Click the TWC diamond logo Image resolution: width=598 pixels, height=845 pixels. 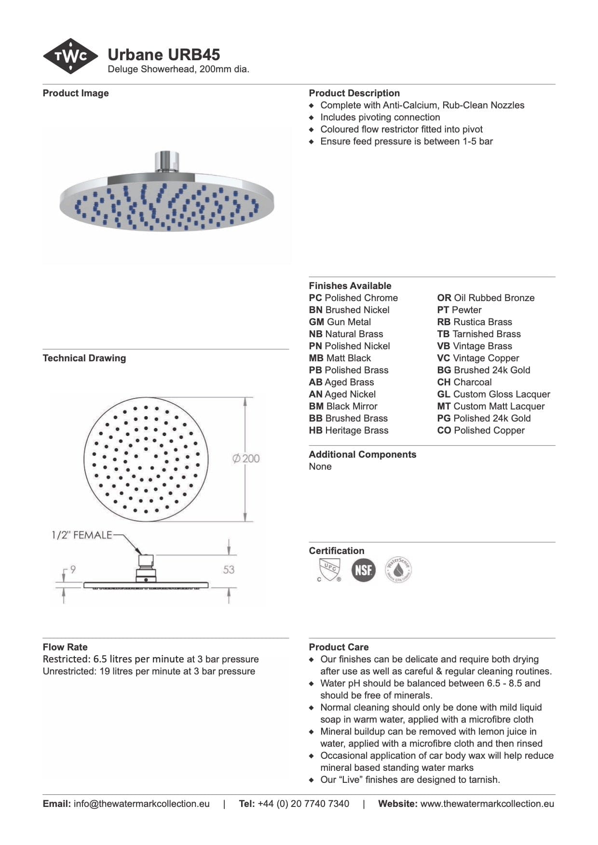(70, 56)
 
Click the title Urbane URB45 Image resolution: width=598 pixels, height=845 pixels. (163, 54)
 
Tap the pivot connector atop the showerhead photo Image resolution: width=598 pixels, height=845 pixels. (167, 161)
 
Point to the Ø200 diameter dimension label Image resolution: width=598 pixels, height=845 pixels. (246, 458)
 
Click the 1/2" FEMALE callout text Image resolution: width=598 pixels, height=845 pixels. (82, 535)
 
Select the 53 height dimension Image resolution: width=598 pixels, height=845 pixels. (229, 569)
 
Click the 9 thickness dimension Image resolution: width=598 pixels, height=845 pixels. (73, 569)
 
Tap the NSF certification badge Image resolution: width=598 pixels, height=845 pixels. (363, 570)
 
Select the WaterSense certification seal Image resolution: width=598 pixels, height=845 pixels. (398, 570)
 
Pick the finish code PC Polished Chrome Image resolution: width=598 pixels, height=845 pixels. (353, 298)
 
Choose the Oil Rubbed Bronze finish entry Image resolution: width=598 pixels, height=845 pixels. (486, 298)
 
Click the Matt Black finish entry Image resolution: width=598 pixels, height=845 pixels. (340, 358)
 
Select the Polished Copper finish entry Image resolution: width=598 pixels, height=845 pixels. (481, 430)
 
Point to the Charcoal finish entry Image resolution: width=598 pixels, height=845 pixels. (464, 382)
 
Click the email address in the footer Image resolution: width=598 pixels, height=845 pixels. (141, 804)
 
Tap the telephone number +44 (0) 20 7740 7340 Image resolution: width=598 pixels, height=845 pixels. (303, 804)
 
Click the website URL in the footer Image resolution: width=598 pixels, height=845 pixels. (487, 804)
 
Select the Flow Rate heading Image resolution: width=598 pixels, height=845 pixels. (65, 647)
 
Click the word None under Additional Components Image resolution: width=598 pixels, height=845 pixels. (320, 466)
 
